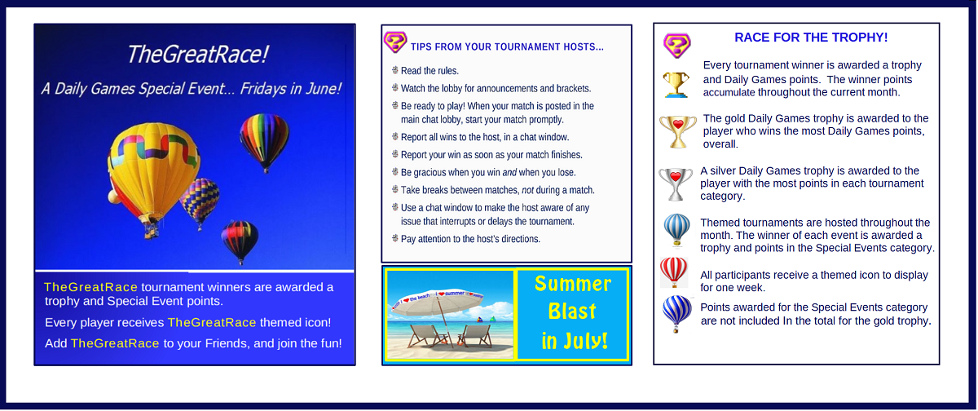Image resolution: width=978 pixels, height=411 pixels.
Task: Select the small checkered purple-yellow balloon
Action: (x=200, y=201)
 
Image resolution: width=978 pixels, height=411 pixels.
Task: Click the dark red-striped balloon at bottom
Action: (x=240, y=241)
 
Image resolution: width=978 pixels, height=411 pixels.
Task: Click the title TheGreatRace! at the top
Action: (x=197, y=55)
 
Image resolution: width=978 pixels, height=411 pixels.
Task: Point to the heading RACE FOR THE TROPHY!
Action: (x=811, y=38)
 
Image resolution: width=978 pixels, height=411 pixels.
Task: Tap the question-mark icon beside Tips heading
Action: (x=395, y=42)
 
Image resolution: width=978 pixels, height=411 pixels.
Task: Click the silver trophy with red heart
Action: (x=676, y=183)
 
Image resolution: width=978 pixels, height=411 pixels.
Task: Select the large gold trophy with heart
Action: (x=677, y=131)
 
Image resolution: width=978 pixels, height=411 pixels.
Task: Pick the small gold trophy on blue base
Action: (x=676, y=84)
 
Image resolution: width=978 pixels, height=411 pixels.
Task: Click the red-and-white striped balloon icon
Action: (x=674, y=272)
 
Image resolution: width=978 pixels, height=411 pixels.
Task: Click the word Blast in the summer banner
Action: (x=572, y=312)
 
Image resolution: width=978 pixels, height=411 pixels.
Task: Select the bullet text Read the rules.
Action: (x=430, y=71)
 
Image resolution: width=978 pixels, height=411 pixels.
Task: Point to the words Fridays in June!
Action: (x=290, y=89)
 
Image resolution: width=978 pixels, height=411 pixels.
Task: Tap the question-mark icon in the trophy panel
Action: (x=676, y=46)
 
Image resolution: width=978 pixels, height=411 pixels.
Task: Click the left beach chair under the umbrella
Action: (x=425, y=336)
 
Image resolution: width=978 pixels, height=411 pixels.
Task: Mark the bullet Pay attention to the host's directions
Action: (x=470, y=239)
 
